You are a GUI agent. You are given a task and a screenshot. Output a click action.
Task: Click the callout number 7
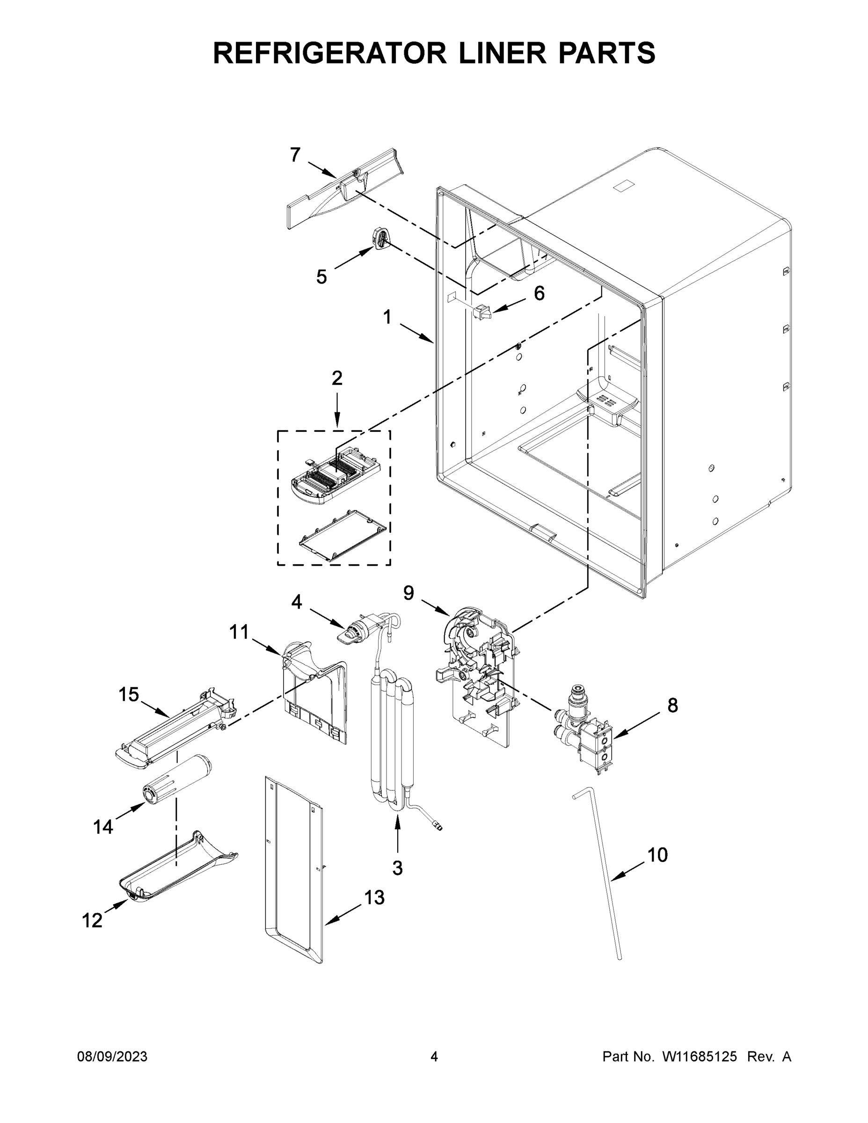tap(295, 155)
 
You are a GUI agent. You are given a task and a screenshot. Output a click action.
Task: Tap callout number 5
tap(321, 277)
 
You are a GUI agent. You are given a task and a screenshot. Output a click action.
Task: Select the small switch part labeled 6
tap(482, 312)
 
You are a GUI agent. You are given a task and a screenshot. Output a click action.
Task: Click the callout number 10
tap(657, 854)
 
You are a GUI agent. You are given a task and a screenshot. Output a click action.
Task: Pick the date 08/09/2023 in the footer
tap(112, 1057)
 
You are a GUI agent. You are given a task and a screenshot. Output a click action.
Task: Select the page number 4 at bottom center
tap(434, 1057)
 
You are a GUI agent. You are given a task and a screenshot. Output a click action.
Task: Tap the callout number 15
tap(129, 695)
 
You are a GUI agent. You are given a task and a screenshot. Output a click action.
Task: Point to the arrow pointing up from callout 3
tap(397, 835)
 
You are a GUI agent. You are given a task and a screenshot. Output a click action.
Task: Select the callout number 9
tap(408, 593)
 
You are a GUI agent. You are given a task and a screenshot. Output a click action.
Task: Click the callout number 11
tap(239, 632)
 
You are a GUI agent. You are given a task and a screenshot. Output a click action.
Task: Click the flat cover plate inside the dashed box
tap(343, 535)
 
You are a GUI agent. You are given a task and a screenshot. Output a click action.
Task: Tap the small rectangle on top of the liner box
tap(625, 186)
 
